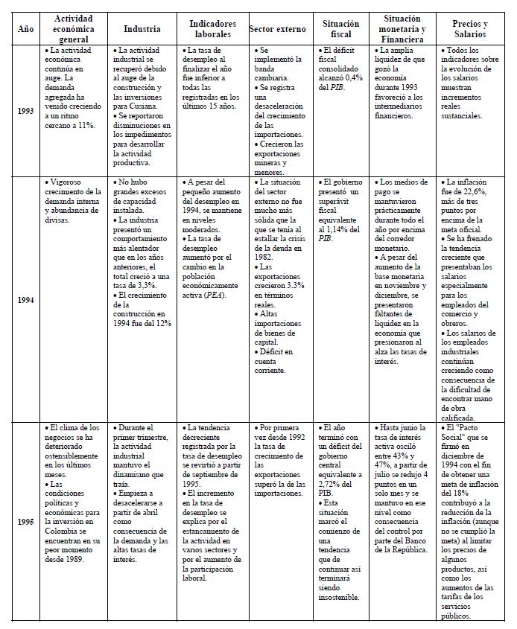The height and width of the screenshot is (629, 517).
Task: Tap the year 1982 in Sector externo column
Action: tap(266, 255)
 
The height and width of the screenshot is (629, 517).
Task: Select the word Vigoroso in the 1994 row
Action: tap(67, 182)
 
